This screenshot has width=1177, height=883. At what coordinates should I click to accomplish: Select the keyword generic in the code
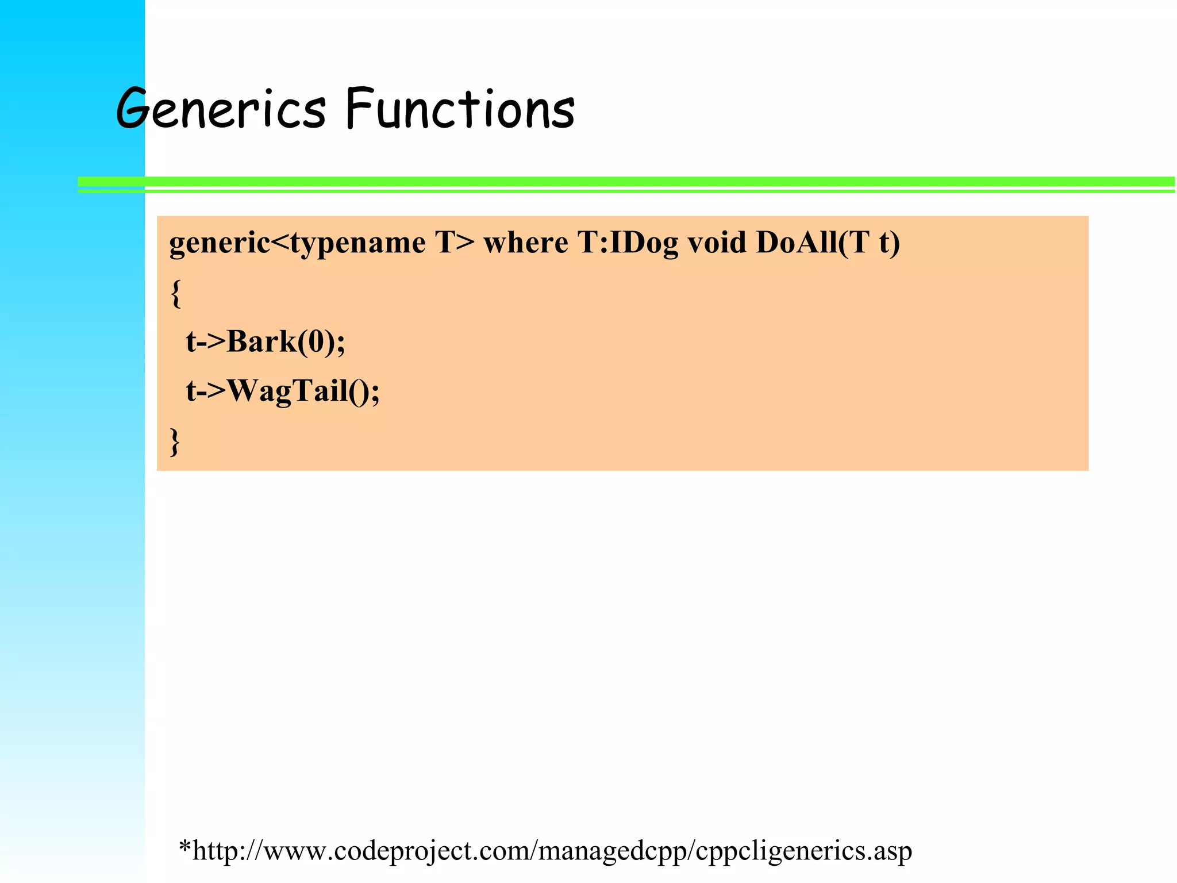(219, 243)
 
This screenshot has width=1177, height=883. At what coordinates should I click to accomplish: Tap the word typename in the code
(357, 243)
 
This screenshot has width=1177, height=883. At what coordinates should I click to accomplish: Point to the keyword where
(525, 242)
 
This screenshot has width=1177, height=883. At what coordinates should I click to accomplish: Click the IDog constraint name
(644, 243)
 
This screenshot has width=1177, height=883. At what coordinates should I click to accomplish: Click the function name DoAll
(797, 242)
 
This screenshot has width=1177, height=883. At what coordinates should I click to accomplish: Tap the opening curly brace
(176, 293)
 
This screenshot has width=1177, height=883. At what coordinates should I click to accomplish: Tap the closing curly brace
(175, 441)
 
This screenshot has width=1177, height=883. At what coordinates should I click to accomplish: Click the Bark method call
(261, 341)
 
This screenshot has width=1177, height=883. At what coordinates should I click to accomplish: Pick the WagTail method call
(288, 392)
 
